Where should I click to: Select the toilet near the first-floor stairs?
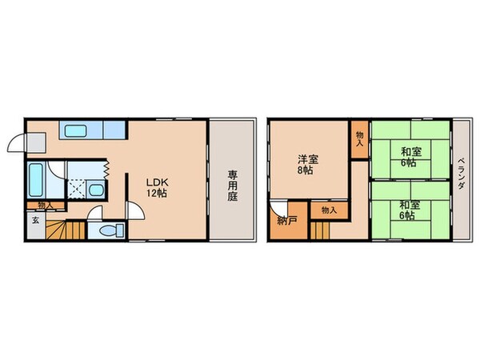pos(107,230)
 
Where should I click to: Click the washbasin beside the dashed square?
pos(94,190)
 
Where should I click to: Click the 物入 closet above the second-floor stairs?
pos(328,210)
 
